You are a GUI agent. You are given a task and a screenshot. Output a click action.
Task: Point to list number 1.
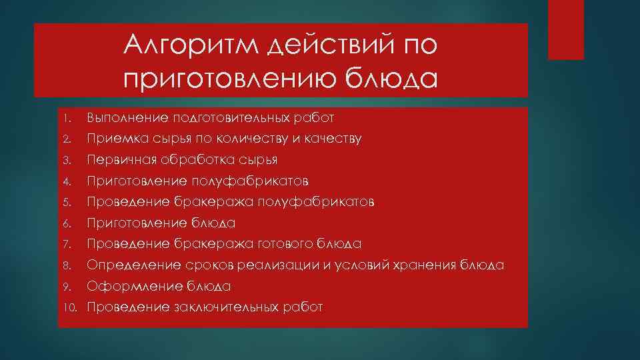pyautogui.click(x=67, y=119)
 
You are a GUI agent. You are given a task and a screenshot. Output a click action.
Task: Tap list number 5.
pyautogui.click(x=67, y=202)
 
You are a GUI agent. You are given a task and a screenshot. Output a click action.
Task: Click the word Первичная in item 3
pyautogui.click(x=117, y=160)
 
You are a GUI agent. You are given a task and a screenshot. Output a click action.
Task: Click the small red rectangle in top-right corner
pyautogui.click(x=565, y=30)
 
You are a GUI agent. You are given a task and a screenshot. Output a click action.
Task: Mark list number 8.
pyautogui.click(x=67, y=265)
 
